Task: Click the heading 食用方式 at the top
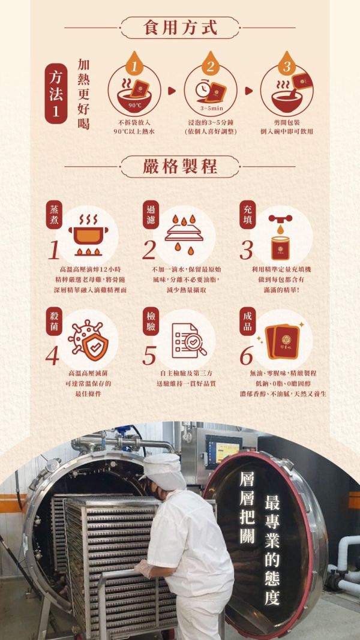(x=180, y=27)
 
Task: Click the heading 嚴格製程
(x=180, y=166)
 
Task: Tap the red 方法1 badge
(x=56, y=94)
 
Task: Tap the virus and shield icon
(x=89, y=341)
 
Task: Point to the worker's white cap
(x=163, y=468)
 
